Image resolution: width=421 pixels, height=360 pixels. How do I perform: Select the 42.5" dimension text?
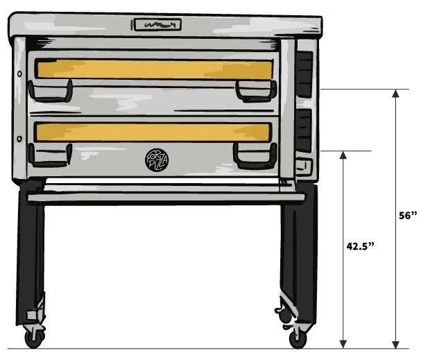pos(361,246)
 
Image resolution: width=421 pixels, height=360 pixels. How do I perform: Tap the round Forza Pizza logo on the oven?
pos(154,160)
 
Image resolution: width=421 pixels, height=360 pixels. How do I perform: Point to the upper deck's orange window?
pos(153,69)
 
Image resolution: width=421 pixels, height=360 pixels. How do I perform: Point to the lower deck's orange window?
pos(153,132)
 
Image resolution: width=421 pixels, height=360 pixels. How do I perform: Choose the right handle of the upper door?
pos(254,91)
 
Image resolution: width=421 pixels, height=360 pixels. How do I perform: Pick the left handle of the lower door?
pos(50,156)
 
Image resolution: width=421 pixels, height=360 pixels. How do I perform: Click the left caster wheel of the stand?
pos(33,338)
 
